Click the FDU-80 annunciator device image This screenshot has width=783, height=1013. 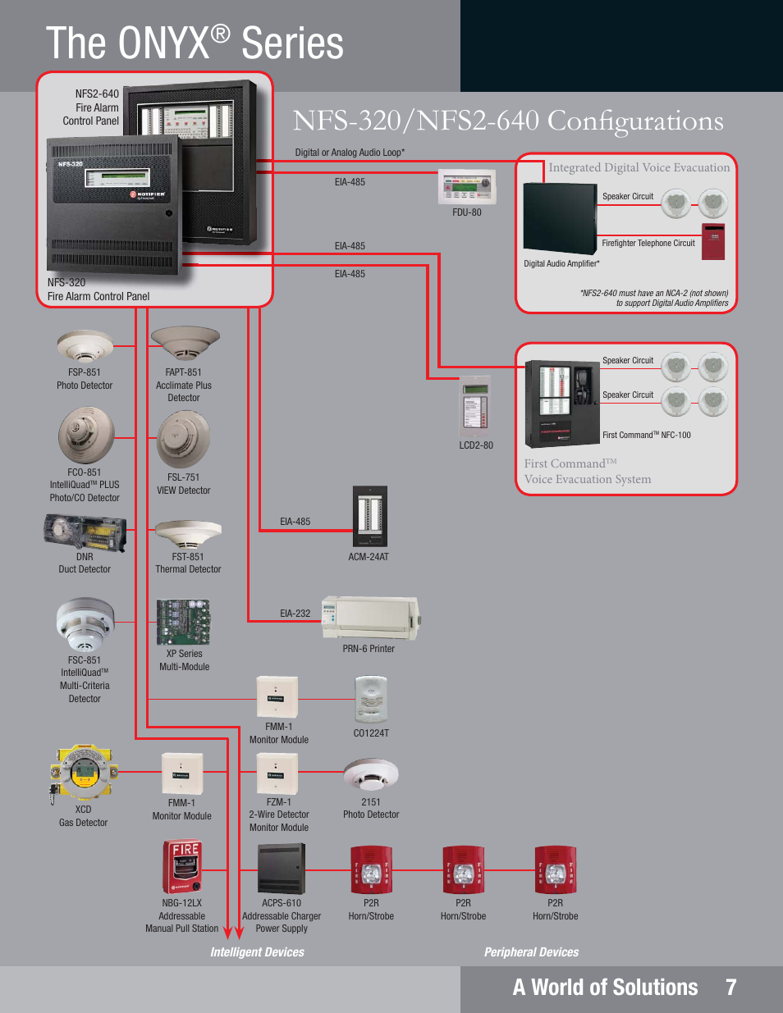(x=467, y=187)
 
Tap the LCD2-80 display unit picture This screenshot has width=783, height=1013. (x=475, y=408)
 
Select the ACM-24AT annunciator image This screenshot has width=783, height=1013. (x=369, y=516)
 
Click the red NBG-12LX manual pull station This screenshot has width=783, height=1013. (x=182, y=867)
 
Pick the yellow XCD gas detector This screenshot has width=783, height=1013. (x=84, y=772)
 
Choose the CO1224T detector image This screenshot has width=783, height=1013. (x=370, y=700)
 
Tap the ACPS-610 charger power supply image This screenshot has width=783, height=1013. (x=282, y=869)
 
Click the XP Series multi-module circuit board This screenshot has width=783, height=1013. (x=184, y=622)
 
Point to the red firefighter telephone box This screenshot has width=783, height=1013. (x=713, y=241)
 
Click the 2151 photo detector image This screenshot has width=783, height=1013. (x=371, y=774)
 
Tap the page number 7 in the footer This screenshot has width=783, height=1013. (x=730, y=988)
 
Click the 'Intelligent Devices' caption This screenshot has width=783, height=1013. (x=257, y=952)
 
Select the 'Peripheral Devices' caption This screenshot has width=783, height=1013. (x=531, y=952)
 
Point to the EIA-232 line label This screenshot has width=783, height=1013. (x=295, y=613)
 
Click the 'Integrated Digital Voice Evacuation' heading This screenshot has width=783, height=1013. (x=639, y=167)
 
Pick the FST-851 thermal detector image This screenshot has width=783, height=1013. (x=188, y=533)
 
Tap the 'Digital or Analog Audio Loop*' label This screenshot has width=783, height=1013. (x=350, y=153)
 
